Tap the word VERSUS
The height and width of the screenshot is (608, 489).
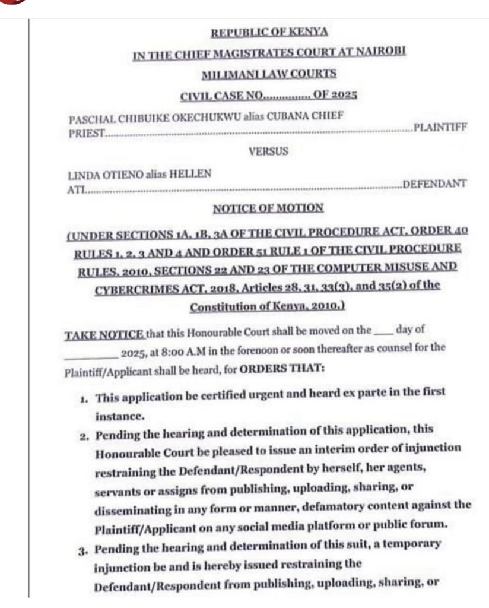268,151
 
